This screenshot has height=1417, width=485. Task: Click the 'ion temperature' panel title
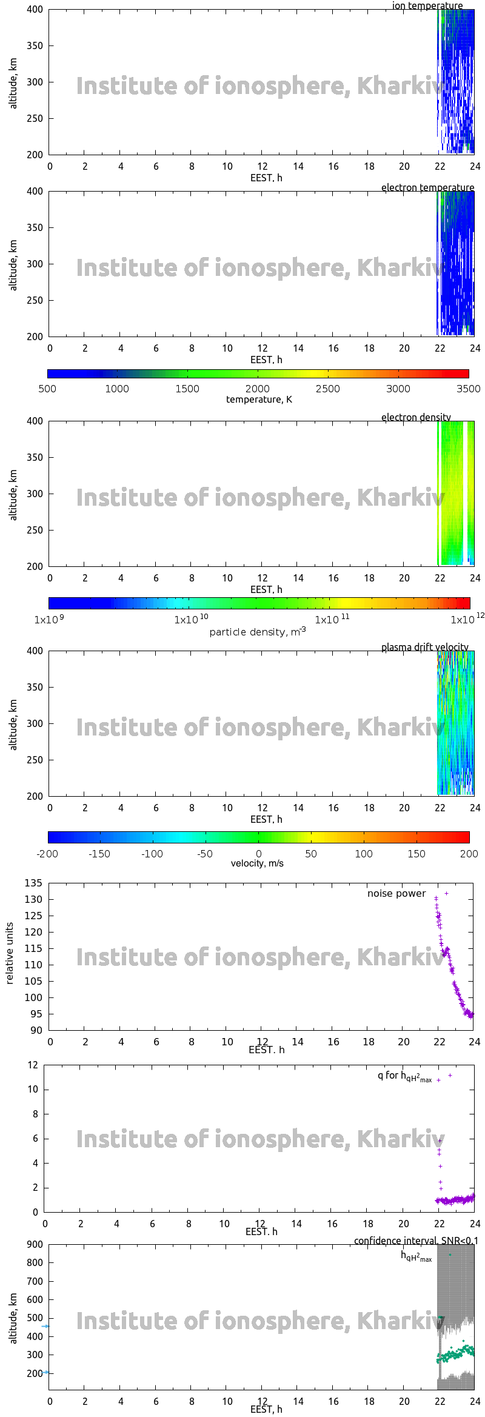427,6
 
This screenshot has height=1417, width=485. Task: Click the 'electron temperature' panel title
427,187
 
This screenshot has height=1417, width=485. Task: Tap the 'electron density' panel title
416,417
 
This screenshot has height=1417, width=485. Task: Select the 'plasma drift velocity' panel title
424,647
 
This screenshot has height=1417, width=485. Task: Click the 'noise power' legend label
396,893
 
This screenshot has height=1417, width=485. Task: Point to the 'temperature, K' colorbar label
259,399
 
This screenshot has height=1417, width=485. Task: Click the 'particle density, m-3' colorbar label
258,632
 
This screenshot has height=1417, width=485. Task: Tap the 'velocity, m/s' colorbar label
257,863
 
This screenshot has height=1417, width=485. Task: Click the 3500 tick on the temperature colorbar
468,389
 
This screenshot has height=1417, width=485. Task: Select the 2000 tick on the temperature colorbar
258,389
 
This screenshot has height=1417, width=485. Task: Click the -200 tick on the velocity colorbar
47,854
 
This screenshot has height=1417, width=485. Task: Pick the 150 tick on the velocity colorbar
416,854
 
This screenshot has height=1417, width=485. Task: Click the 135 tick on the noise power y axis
33,883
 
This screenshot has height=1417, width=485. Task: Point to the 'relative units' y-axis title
10,954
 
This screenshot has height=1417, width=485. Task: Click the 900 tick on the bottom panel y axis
35,1244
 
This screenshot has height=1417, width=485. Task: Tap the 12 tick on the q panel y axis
33,1065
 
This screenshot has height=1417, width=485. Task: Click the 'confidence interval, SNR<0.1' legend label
416,1241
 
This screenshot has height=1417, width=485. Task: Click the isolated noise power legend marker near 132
447,893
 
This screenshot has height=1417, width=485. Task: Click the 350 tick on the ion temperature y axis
35,45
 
